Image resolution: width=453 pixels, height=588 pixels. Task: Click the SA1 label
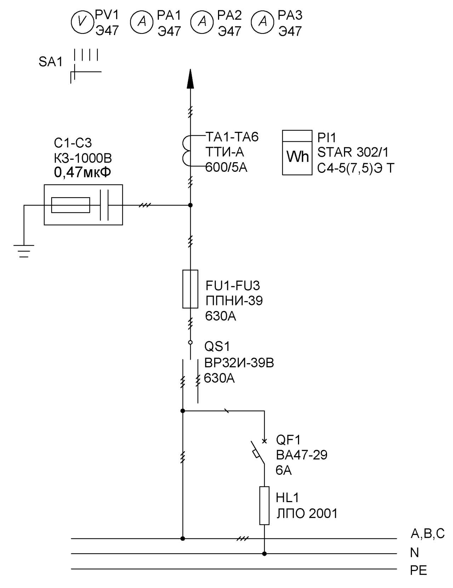point(51,62)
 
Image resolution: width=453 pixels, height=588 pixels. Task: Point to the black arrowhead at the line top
point(190,78)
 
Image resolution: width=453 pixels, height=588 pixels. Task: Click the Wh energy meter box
point(297,152)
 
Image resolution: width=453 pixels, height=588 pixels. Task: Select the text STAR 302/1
point(353,152)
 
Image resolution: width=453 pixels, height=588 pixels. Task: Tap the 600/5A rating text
point(226,167)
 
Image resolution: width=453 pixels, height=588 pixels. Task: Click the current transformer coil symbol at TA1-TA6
point(186,151)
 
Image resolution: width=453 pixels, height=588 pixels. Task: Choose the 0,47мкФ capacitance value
point(82,172)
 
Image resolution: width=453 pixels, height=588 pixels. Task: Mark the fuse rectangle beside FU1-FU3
point(190,289)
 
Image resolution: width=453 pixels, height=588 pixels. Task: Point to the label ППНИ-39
point(234,301)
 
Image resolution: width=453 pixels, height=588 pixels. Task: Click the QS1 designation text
point(217,347)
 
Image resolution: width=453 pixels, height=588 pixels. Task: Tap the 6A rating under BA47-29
point(284,470)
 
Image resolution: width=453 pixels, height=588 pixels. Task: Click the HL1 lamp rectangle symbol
point(264,505)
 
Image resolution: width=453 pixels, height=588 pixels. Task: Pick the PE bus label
point(419,571)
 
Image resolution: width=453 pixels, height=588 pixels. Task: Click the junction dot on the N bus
point(264,554)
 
